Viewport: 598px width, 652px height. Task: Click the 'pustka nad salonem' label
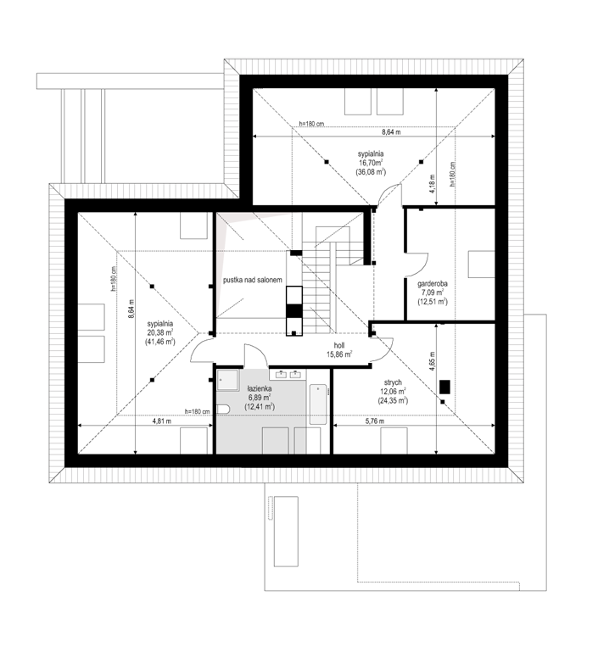[253, 280]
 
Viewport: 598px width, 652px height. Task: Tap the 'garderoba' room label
[433, 284]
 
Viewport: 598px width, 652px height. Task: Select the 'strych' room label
[393, 382]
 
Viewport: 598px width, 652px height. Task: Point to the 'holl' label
[339, 346]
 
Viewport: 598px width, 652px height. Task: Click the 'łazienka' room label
[259, 389]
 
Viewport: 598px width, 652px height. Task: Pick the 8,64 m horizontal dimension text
[391, 132]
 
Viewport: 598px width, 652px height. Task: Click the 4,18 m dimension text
[433, 183]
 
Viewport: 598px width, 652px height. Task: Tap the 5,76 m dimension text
[375, 421]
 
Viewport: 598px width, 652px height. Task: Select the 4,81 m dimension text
[162, 421]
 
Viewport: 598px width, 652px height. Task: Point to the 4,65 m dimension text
[433, 361]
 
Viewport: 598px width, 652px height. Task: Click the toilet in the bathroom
[223, 409]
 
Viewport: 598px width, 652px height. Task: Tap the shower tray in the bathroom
[227, 380]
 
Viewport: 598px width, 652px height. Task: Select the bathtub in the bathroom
[318, 404]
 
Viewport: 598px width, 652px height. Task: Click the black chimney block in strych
[445, 387]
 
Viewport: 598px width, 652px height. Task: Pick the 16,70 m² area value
[371, 163]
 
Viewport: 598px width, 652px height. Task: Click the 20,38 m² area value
[160, 332]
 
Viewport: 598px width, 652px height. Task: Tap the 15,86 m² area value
[339, 354]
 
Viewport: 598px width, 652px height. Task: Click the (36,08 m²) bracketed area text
[371, 171]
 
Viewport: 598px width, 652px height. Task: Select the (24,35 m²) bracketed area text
[393, 400]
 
